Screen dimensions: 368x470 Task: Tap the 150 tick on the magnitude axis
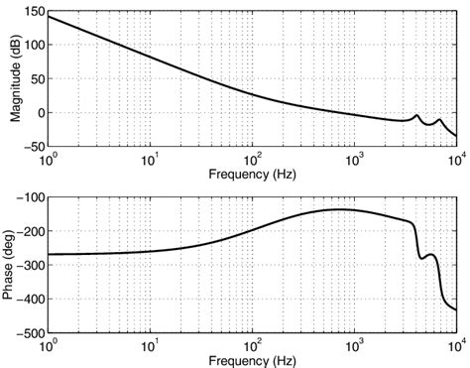coord(32,11)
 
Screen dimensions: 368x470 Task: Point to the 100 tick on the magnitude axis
coord(32,46)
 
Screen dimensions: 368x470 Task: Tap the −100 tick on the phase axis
coord(29,197)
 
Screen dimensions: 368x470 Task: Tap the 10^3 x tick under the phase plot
coord(354,344)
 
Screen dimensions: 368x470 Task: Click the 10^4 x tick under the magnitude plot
coord(456,159)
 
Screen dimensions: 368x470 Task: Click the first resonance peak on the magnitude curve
coord(417,115)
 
